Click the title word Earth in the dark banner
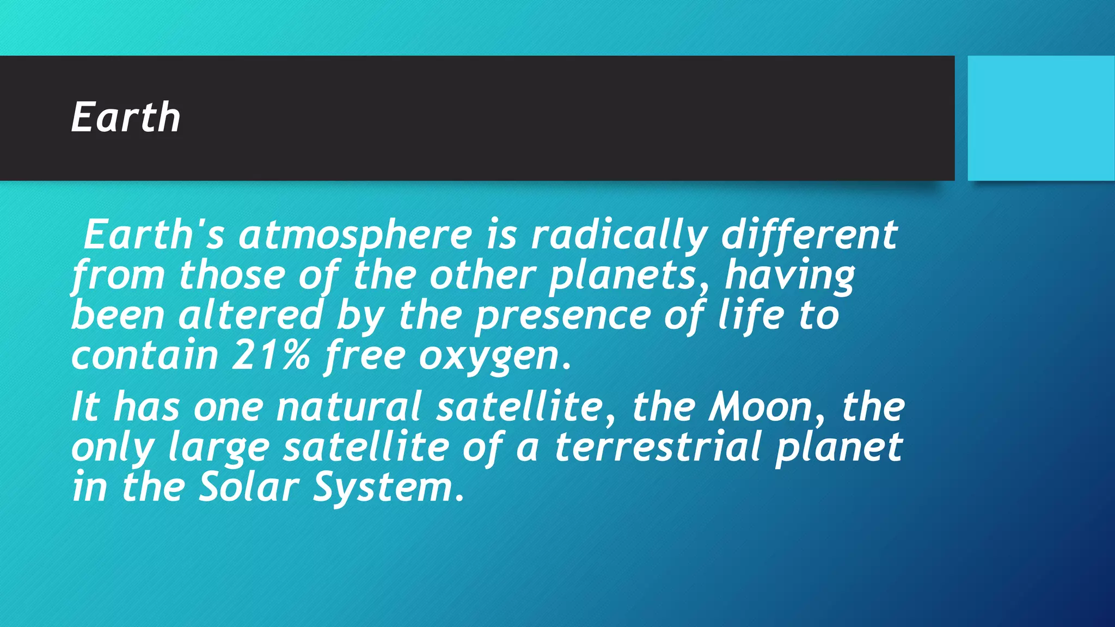tap(126, 118)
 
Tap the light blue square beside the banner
tap(1040, 118)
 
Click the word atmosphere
tap(355, 235)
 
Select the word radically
tap(619, 235)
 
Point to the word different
tap(809, 235)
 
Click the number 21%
tap(271, 355)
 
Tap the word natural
tap(348, 407)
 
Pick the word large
tap(219, 448)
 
